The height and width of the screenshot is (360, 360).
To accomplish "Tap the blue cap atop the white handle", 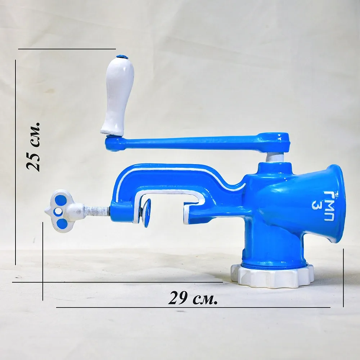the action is click(122, 56).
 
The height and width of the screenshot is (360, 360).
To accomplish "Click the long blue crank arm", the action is click(197, 142).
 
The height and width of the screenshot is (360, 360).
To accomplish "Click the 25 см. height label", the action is click(33, 147).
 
